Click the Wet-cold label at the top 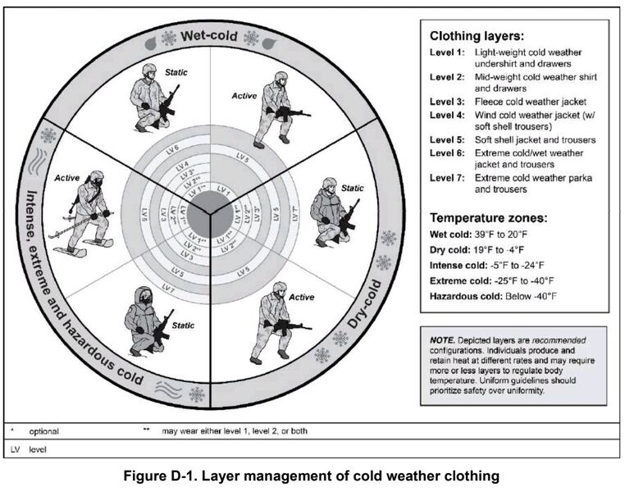click(x=209, y=37)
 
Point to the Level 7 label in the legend click(x=446, y=178)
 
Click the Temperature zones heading click(x=489, y=218)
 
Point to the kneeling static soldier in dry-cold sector click(x=332, y=211)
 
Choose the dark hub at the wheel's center click(x=208, y=211)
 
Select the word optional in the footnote click(x=43, y=430)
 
